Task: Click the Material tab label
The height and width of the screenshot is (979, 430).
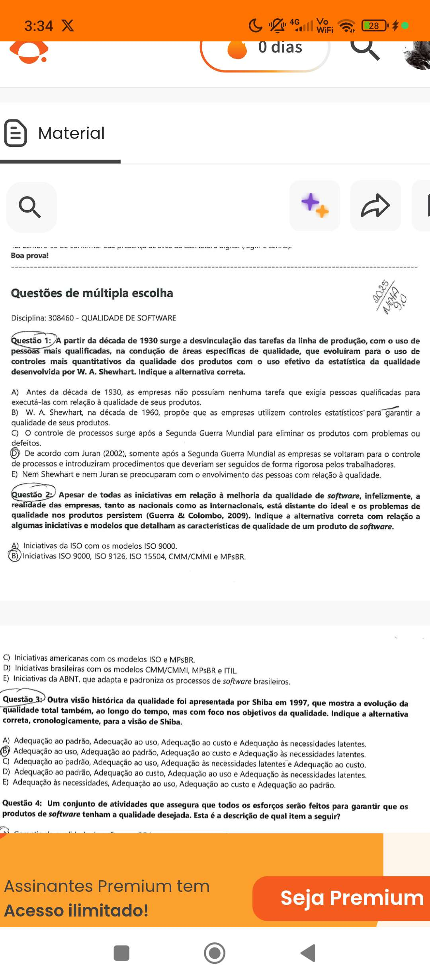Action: pos(71,133)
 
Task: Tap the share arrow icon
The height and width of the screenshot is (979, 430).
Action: pos(375,206)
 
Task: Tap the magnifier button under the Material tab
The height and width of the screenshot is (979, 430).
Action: pos(31,207)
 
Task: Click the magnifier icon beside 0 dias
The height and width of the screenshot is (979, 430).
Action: pos(364,49)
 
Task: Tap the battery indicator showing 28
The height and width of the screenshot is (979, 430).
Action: pos(374,26)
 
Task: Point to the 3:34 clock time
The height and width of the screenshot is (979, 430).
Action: pos(39,26)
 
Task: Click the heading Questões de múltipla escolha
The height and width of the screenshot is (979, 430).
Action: pos(92,293)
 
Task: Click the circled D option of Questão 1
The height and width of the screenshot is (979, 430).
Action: pos(15,453)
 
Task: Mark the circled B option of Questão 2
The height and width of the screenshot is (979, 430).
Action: pos(14,556)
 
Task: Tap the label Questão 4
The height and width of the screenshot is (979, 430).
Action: pos(22,803)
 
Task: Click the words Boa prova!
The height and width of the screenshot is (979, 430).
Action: pos(30,255)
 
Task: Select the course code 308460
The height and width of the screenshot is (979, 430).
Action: pos(61,318)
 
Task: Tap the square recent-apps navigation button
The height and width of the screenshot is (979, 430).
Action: pos(121,953)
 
